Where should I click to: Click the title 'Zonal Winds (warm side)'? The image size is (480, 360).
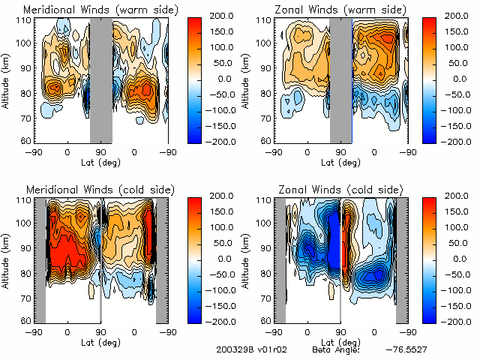[339, 10]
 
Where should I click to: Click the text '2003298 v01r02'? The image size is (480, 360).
[247, 350]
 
